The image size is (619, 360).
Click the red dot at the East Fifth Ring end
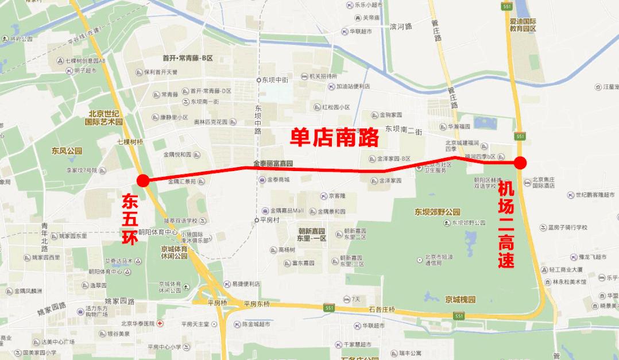143,180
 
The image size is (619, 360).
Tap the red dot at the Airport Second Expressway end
520,162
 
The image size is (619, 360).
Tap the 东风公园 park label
67,151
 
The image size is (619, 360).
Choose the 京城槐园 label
460,299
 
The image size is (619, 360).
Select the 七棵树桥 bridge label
129,141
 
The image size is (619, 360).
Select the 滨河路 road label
401,26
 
